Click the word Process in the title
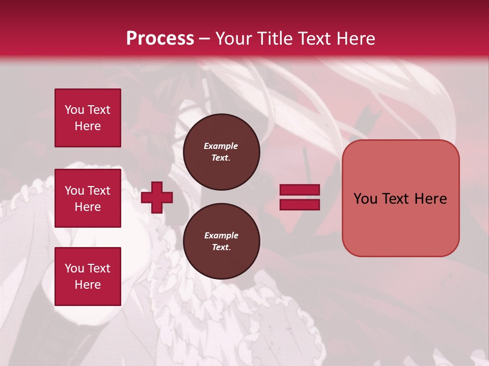click(160, 39)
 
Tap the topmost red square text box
click(88, 118)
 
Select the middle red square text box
click(88, 198)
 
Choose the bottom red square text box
click(88, 277)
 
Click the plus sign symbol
click(156, 197)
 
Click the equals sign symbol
click(300, 197)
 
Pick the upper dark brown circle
click(221, 151)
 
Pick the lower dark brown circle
click(221, 241)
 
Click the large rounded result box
click(400, 224)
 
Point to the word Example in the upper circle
click(221, 146)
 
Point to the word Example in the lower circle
click(221, 235)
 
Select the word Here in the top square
click(88, 126)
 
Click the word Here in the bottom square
click(88, 285)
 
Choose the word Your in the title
click(233, 39)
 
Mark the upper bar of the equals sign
click(300, 190)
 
